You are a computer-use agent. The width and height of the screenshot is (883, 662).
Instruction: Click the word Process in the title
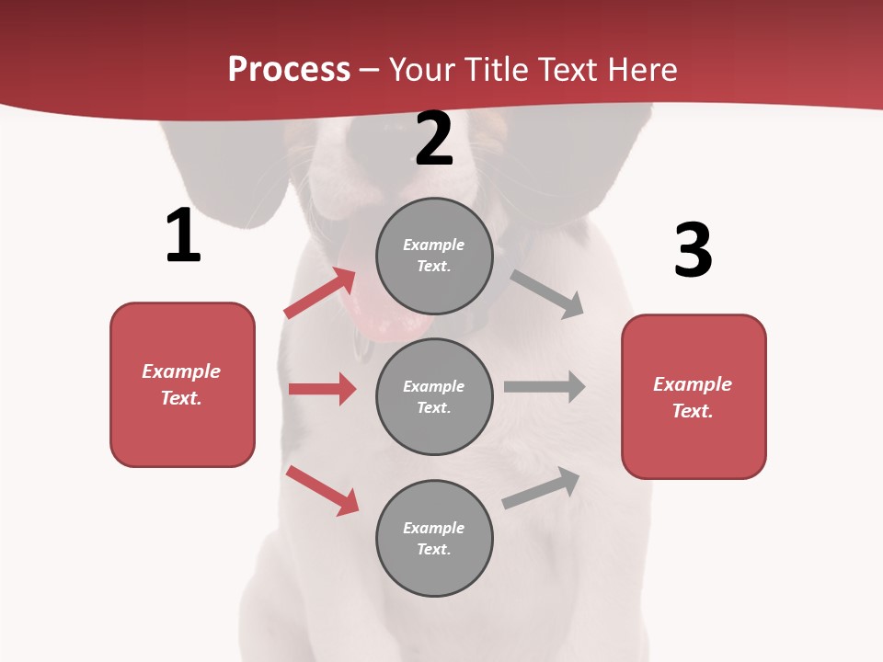[289, 70]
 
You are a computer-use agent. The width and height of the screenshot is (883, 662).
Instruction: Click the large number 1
[183, 236]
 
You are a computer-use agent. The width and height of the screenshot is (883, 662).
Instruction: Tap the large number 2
[434, 139]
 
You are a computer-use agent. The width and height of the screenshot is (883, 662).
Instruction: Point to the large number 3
[693, 250]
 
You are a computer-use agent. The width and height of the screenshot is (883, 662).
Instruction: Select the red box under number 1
[182, 384]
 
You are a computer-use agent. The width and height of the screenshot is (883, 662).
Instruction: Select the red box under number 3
[694, 396]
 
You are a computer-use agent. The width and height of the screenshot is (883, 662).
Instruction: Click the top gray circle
[434, 256]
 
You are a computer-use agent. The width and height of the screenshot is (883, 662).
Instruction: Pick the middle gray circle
[434, 396]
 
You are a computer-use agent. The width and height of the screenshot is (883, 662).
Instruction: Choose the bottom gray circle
[434, 538]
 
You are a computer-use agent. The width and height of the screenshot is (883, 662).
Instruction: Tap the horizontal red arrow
[322, 389]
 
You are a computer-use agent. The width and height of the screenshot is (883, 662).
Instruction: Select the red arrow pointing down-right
[322, 490]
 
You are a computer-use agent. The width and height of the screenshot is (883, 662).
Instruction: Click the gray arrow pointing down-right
[547, 294]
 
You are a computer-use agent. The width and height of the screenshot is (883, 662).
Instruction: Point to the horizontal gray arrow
[544, 386]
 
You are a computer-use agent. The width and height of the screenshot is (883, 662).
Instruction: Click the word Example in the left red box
[181, 371]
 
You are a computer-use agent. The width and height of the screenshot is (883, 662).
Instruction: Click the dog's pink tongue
[386, 313]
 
